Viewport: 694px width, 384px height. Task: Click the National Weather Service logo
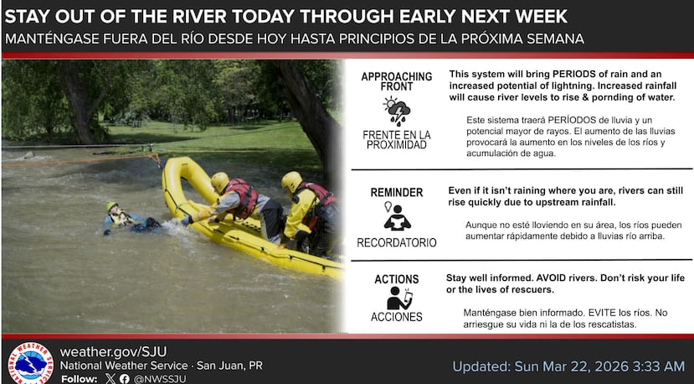30,363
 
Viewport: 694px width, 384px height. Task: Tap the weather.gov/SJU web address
113,351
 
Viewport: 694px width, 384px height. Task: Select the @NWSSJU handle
160,379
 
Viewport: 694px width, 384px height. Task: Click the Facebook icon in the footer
125,379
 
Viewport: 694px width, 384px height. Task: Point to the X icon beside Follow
111,379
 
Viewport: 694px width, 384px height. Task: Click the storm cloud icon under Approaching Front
397,111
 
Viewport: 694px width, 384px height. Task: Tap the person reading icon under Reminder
397,216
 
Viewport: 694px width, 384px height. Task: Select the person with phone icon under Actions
399,298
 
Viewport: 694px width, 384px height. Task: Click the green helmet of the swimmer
112,206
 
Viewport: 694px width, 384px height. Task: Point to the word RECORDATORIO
397,242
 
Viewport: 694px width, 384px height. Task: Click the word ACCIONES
397,317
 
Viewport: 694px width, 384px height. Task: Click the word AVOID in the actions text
552,278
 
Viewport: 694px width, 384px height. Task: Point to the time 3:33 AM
659,366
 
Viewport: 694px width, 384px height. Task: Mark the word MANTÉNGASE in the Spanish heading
52,39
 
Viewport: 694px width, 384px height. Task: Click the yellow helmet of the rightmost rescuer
291,181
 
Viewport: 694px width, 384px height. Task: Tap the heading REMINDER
397,193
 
